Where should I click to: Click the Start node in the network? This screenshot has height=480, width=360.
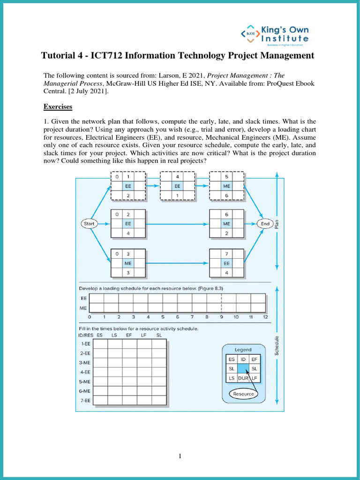click(89, 224)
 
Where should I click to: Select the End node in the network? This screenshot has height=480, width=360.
click(265, 224)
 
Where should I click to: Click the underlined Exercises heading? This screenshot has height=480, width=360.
click(58, 107)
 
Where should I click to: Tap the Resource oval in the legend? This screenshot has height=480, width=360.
click(243, 394)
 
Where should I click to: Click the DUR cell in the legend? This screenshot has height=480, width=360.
click(243, 378)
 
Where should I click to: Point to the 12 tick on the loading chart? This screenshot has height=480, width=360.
click(265, 317)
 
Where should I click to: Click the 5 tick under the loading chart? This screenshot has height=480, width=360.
click(163, 317)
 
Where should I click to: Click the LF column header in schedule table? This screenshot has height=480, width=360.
click(144, 335)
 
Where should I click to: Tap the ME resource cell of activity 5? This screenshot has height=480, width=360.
click(226, 186)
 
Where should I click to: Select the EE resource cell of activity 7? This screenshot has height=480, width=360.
click(226, 263)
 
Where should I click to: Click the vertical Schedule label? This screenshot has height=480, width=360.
click(277, 345)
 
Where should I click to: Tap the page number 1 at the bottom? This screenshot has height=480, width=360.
click(180, 457)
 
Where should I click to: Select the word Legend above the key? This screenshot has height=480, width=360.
click(243, 350)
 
